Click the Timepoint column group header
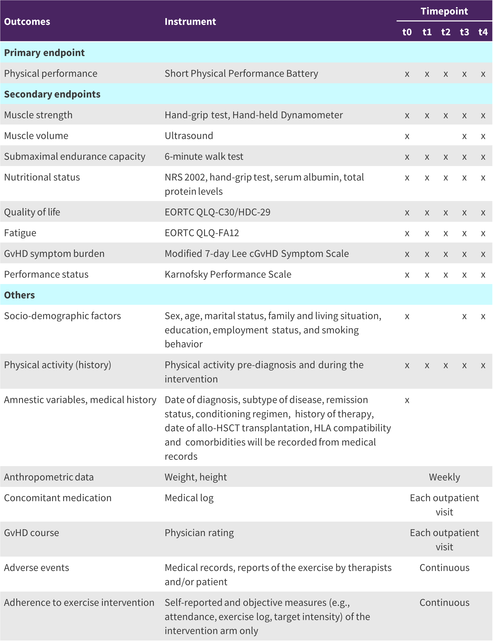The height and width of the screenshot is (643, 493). [x=444, y=11]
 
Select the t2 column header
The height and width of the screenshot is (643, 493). [x=445, y=32]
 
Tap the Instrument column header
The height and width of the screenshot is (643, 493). [x=190, y=21]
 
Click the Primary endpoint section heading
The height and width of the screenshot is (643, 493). [x=44, y=53]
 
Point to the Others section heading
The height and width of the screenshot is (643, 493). [x=19, y=295]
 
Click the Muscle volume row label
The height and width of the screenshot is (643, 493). [x=36, y=136]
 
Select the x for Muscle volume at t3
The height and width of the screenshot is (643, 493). [x=464, y=136]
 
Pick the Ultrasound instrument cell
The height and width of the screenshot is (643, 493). [x=189, y=136]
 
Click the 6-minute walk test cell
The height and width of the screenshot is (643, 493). [x=204, y=157]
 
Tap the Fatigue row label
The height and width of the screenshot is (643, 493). [x=20, y=233]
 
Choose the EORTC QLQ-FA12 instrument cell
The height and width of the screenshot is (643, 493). [x=202, y=233]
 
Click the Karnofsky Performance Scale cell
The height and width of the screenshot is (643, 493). [x=228, y=274]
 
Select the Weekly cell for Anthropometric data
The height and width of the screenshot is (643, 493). [x=444, y=477]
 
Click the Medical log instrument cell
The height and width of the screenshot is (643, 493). [x=189, y=498]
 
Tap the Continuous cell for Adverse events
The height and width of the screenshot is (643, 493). [x=444, y=568]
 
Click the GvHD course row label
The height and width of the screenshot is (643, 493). [x=31, y=533]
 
